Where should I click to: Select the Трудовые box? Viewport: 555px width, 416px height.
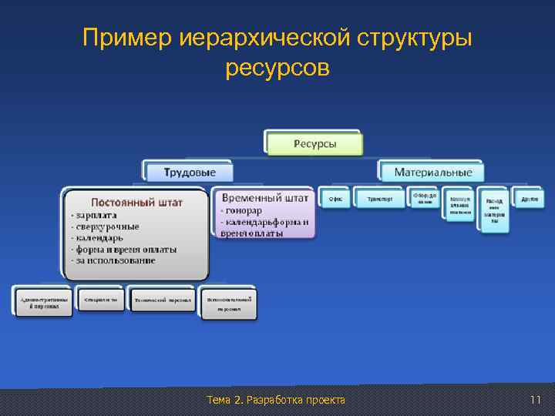coord(189,172)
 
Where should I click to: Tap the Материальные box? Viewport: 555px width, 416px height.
coord(432,172)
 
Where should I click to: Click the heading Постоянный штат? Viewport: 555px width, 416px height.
coord(137,203)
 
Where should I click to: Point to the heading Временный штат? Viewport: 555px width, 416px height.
coord(265,198)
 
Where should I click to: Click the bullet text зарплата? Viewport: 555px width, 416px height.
coord(96,216)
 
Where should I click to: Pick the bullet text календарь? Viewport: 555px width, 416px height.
coord(99,238)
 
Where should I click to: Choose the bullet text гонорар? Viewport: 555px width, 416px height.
coord(242,210)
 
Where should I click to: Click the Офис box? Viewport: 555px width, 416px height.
coord(335,199)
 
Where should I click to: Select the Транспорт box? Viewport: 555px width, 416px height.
coord(380,199)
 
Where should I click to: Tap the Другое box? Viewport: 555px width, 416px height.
coord(530,199)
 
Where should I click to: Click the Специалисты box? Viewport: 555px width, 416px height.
coord(101,299)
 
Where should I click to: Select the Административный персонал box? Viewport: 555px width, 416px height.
coord(43,301)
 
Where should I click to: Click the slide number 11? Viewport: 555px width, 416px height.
coord(536,400)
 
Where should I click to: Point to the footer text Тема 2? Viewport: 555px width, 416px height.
coord(226,400)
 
